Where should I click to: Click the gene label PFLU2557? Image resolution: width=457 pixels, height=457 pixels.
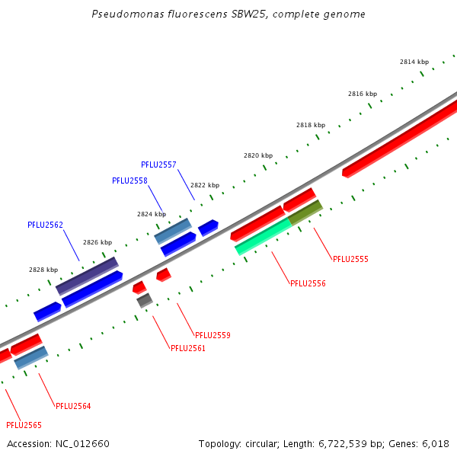tap(158, 165)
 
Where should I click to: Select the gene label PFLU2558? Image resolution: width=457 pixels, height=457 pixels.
tap(129, 181)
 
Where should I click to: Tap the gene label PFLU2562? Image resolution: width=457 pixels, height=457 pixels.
tap(45, 225)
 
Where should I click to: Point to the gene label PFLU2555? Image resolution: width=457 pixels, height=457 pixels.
tap(350, 259)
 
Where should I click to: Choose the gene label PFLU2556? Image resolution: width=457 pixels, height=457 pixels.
tap(308, 283)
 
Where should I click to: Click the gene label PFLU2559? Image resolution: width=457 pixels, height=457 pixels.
tap(213, 335)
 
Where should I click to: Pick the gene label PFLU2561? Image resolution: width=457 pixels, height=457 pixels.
tap(188, 348)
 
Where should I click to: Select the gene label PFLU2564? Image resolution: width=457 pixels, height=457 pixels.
tap(73, 406)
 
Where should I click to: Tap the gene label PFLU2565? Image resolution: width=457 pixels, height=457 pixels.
tap(24, 425)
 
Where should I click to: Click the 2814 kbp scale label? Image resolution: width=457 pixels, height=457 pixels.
tap(414, 62)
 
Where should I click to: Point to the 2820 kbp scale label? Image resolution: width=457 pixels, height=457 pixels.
tap(258, 155)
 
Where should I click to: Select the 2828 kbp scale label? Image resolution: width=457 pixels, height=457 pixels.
tap(43, 270)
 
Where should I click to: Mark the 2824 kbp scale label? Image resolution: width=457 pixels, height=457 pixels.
tap(152, 214)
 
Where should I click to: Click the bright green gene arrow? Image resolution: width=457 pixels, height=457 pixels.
tap(263, 236)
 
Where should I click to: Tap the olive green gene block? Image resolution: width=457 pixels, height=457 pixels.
tap(305, 213)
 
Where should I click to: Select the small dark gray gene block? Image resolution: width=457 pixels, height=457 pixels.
tap(145, 300)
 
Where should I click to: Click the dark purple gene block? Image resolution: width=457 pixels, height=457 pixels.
tap(87, 276)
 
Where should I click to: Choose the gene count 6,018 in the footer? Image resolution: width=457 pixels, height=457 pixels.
tap(434, 443)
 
